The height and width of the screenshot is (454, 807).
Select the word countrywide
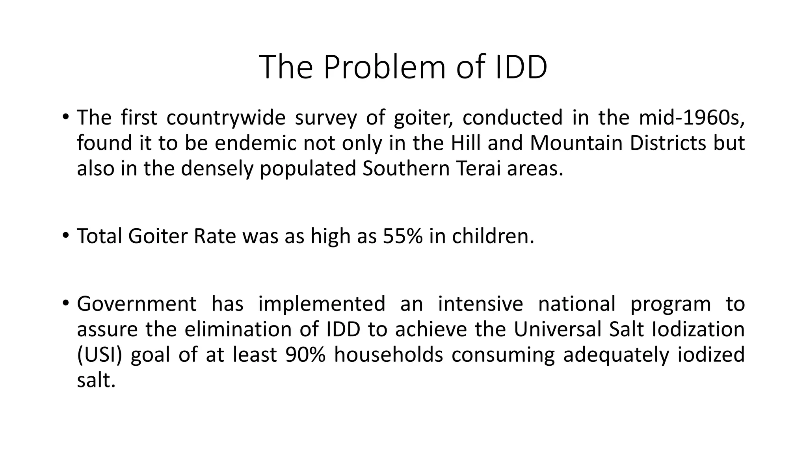[x=226, y=117]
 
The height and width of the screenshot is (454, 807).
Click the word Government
[x=136, y=304]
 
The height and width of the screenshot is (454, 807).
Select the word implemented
[x=322, y=304]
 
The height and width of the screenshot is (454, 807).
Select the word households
[x=389, y=355]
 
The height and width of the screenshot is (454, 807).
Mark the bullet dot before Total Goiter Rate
[x=65, y=236]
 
